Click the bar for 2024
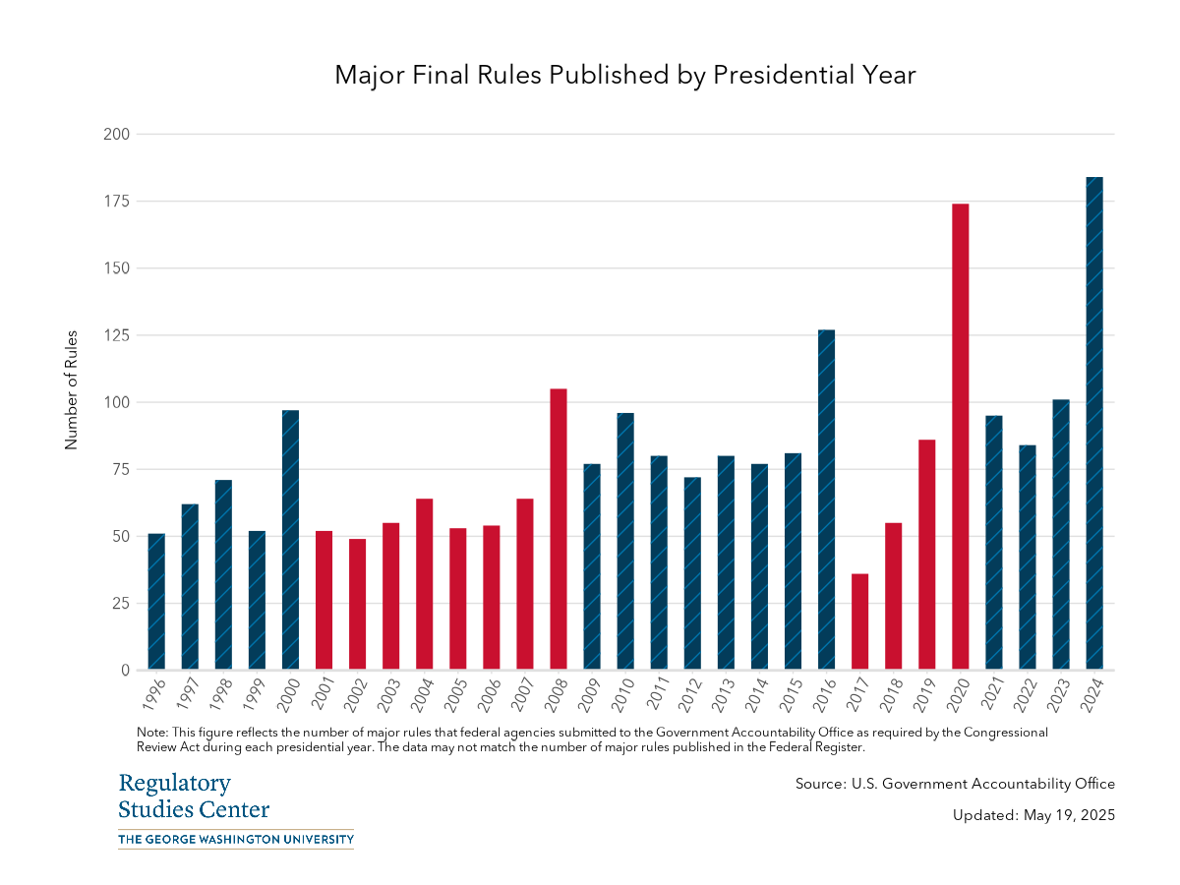[x=1093, y=424]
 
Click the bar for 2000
[x=290, y=540]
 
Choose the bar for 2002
[x=357, y=604]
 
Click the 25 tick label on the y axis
[x=120, y=603]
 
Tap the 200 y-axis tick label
[x=116, y=134]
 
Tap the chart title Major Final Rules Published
[x=625, y=75]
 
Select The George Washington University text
[x=235, y=839]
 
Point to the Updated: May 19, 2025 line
[x=1033, y=815]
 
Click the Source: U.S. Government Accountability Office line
[x=955, y=784]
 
